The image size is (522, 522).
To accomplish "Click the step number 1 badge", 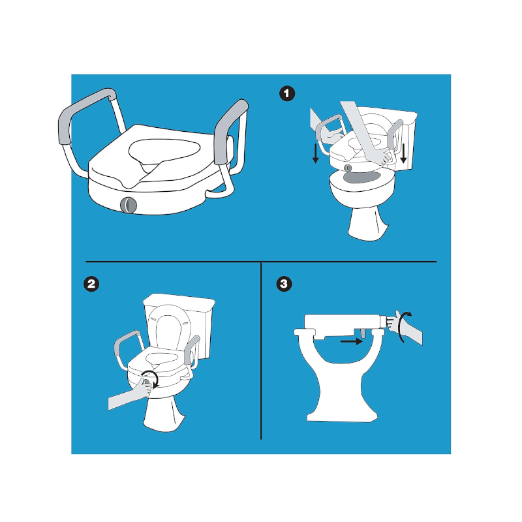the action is [x=287, y=93].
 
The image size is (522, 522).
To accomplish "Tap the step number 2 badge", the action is [x=91, y=284].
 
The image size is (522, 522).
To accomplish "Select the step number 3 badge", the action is [x=284, y=284].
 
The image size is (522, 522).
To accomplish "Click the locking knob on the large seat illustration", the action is [x=129, y=205].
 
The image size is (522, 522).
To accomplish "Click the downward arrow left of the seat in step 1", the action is [x=315, y=154].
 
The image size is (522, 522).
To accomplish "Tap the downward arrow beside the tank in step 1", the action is [x=403, y=153].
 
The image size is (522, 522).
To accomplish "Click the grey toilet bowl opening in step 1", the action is [x=362, y=177].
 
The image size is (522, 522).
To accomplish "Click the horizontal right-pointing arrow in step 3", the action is [x=352, y=341].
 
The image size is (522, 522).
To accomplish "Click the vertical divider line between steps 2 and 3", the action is [x=261, y=350].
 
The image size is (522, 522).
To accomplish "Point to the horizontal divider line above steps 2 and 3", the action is [x=261, y=262].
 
